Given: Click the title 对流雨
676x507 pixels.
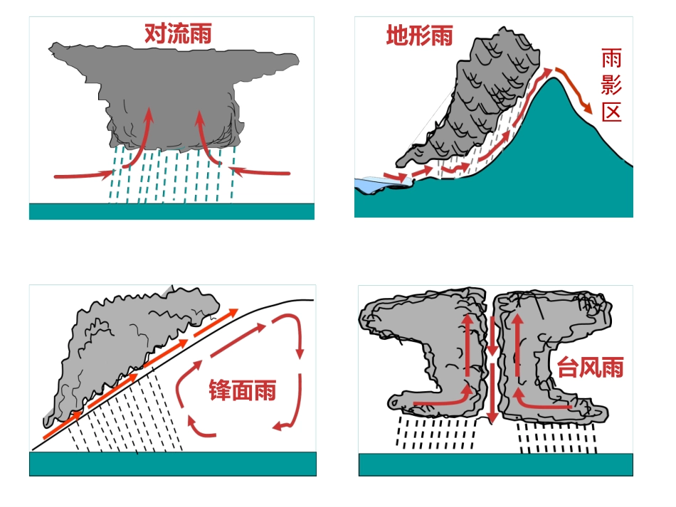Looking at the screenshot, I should click(178, 33).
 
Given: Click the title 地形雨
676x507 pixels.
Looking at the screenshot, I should click(420, 35).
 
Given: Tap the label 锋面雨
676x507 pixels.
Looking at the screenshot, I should click(242, 390).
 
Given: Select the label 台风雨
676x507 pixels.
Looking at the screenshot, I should click(590, 367).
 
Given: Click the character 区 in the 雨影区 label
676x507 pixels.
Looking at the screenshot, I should click(611, 112).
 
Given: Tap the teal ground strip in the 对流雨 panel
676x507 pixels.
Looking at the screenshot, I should click(171, 211).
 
